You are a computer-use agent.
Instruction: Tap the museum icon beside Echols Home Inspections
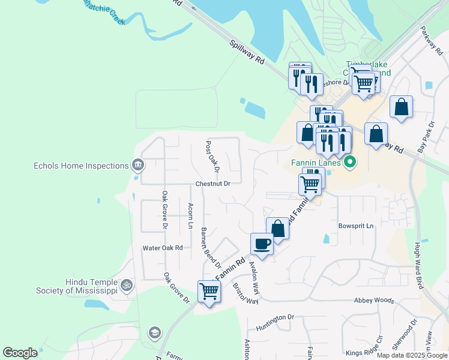[137, 165]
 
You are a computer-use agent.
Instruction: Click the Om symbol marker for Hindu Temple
[126, 286]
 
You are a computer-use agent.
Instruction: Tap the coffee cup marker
[261, 244]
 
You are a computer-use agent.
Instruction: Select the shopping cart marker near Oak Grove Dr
[209, 292]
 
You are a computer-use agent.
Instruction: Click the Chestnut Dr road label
[212, 184]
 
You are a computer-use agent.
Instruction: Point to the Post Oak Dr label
[212, 155]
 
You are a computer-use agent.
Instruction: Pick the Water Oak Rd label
[162, 248]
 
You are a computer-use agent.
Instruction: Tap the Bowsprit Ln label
[356, 226]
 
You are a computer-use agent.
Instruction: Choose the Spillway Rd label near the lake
[247, 52]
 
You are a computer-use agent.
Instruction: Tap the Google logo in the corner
[20, 353]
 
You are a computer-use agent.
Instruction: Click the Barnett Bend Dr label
[211, 247]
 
